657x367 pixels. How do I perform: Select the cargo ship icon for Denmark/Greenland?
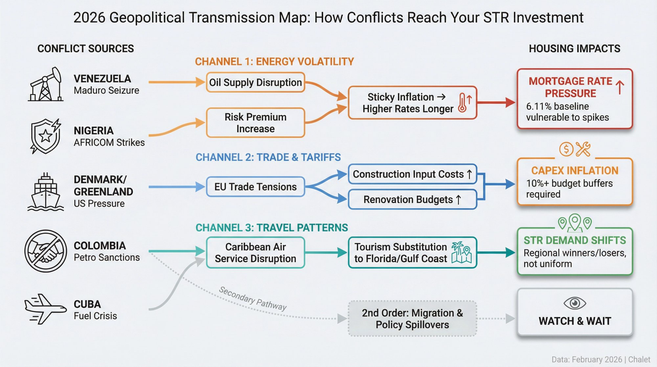pyautogui.click(x=46, y=192)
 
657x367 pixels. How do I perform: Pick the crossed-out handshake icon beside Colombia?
pyautogui.click(x=46, y=251)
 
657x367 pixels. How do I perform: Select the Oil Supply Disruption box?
pyautogui.click(x=255, y=82)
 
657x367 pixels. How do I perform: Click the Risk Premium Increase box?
pyautogui.click(x=255, y=123)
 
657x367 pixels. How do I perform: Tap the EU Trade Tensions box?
pyautogui.click(x=255, y=187)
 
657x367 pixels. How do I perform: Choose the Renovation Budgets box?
pyautogui.click(x=412, y=199)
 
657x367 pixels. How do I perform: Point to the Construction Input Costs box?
pyautogui.click(x=412, y=174)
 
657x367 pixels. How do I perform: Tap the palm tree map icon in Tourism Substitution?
pyautogui.click(x=461, y=253)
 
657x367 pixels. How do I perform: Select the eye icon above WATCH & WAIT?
pyautogui.click(x=575, y=303)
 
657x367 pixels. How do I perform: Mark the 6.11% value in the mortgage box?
pyautogui.click(x=539, y=107)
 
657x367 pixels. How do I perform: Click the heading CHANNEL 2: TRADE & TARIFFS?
pyautogui.click(x=268, y=157)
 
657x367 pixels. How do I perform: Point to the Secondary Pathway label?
pyautogui.click(x=253, y=298)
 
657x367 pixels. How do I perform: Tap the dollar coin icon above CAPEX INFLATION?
pyautogui.click(x=566, y=149)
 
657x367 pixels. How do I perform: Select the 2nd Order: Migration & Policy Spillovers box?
pyautogui.click(x=412, y=318)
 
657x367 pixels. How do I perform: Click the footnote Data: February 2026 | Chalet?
pyautogui.click(x=600, y=359)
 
